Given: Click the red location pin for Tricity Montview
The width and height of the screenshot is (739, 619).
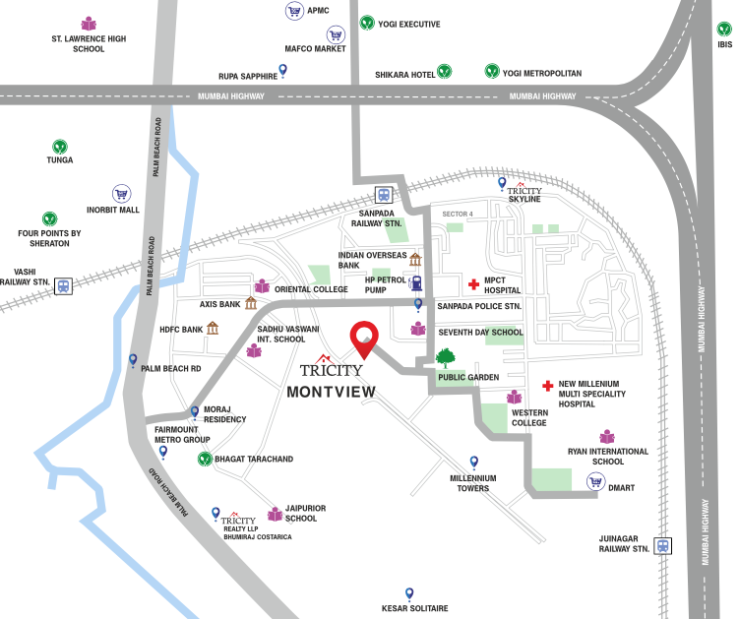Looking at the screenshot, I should point(365,338).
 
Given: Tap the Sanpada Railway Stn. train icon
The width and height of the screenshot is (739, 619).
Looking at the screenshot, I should point(383,195).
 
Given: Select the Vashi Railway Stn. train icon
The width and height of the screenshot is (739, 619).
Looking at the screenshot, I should point(63,285).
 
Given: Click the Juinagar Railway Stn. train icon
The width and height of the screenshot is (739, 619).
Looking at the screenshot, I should point(664,545).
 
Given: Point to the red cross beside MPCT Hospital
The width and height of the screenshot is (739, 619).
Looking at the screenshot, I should point(473,282).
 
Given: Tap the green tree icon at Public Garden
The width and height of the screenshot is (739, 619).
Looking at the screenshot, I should point(445,357).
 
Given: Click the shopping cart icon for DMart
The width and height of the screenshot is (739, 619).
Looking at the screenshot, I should point(594,481).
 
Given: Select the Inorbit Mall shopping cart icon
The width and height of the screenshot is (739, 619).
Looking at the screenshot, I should point(121,194).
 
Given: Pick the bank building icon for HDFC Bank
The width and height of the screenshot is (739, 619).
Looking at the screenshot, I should point(213,328).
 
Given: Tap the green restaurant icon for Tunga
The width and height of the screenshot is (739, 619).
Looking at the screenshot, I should point(60,145).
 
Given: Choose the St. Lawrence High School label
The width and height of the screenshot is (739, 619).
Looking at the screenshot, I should point(89,43).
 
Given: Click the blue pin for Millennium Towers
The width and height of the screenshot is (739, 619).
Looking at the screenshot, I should point(473,461).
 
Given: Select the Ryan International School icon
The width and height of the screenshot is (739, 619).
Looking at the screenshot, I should point(607,436).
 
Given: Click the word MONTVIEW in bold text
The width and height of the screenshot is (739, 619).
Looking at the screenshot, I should point(332,391).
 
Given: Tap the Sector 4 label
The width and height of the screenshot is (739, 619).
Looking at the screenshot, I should point(458,214).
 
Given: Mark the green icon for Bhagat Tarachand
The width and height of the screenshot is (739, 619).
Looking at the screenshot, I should point(204,459).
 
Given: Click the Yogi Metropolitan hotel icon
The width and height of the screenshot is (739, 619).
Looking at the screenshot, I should point(491,71).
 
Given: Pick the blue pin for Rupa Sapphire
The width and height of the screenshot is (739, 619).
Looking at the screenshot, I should point(283,69).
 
